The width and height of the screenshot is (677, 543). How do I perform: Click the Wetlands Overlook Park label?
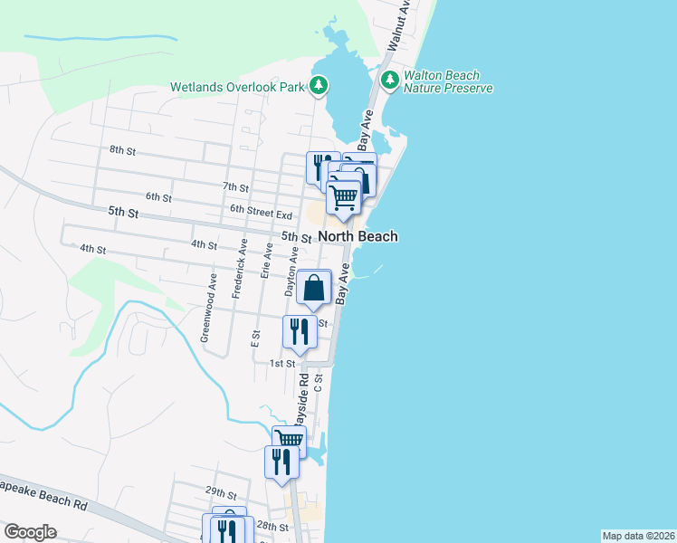coord(239,88)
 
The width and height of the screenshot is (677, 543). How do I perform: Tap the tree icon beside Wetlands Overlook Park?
coord(319,87)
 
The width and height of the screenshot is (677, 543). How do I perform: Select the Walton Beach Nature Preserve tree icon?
coord(390,81)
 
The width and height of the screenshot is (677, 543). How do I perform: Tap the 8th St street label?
coord(121,149)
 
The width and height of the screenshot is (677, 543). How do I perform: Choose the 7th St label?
coord(235,186)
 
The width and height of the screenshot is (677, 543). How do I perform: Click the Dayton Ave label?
coord(292,274)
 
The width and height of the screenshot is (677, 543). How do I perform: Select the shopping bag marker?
coord(313,289)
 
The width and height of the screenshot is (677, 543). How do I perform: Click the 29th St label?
coord(220,492)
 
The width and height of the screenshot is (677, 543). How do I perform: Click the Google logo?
coord(30,532)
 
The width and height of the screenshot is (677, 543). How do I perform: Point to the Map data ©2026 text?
coord(638,536)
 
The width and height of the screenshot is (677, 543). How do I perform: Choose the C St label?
coord(319,384)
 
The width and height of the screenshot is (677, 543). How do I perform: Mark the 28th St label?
coord(272,526)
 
